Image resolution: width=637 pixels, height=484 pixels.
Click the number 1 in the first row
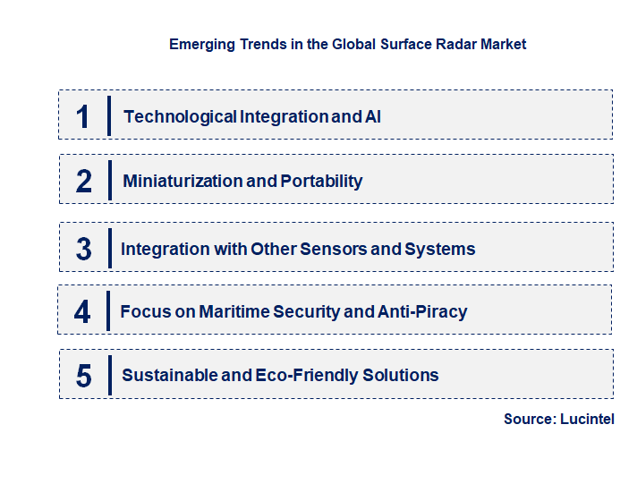[83, 116]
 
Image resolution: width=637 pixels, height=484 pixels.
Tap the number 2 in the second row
[83, 181]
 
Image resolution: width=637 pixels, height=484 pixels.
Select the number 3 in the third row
[83, 249]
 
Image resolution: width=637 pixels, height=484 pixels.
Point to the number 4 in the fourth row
[82, 312]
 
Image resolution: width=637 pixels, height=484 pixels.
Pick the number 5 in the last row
[83, 376]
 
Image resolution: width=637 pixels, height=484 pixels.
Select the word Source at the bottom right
[528, 419]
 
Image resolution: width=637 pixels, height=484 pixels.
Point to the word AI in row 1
[372, 116]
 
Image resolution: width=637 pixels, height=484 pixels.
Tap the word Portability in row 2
[321, 181]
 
